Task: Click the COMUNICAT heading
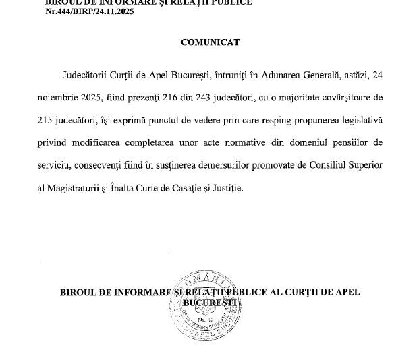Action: (x=210, y=42)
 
